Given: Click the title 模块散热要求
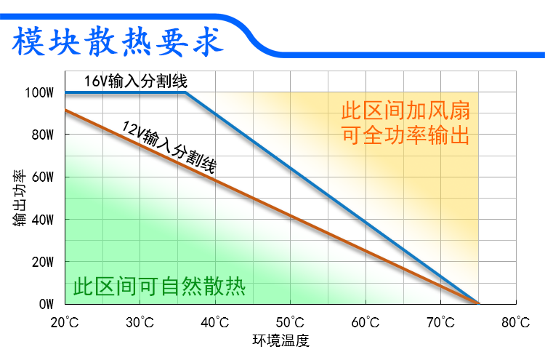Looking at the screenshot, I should pyautogui.click(x=116, y=41).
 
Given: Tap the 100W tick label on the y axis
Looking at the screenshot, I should pyautogui.click(x=39, y=93).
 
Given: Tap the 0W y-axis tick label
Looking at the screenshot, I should pyautogui.click(x=45, y=304).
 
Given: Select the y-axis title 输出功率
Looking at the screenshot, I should pyautogui.click(x=20, y=199).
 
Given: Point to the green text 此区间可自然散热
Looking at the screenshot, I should pyautogui.click(x=159, y=286).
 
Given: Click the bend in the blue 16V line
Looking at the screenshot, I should pyautogui.click(x=186, y=93).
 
